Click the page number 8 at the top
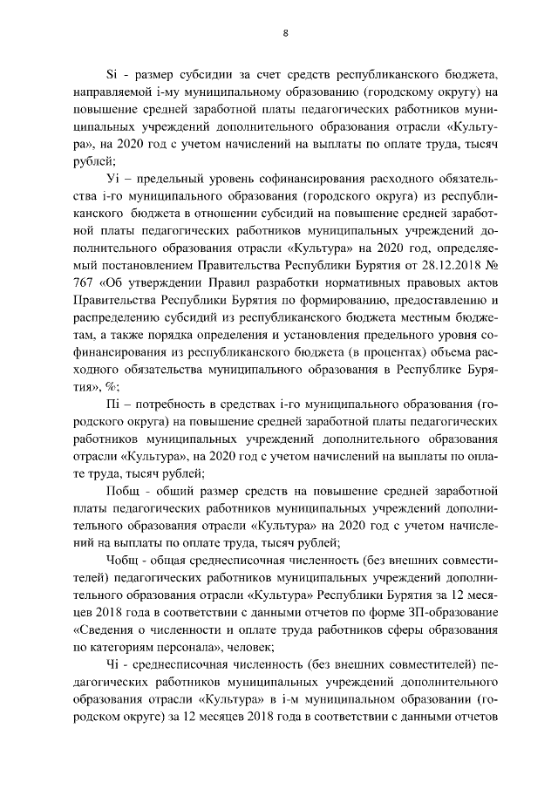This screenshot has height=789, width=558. click(x=285, y=33)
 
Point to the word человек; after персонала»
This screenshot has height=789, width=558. click(x=248, y=647)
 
